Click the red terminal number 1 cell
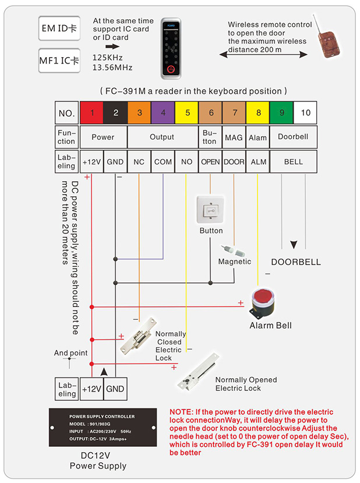click(92, 112)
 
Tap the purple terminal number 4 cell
click(163, 112)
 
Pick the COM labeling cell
click(163, 161)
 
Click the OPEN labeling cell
click(210, 161)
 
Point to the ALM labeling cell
click(257, 161)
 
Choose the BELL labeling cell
click(293, 161)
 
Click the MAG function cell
click(234, 138)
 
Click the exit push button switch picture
click(211, 210)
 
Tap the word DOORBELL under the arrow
click(295, 262)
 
